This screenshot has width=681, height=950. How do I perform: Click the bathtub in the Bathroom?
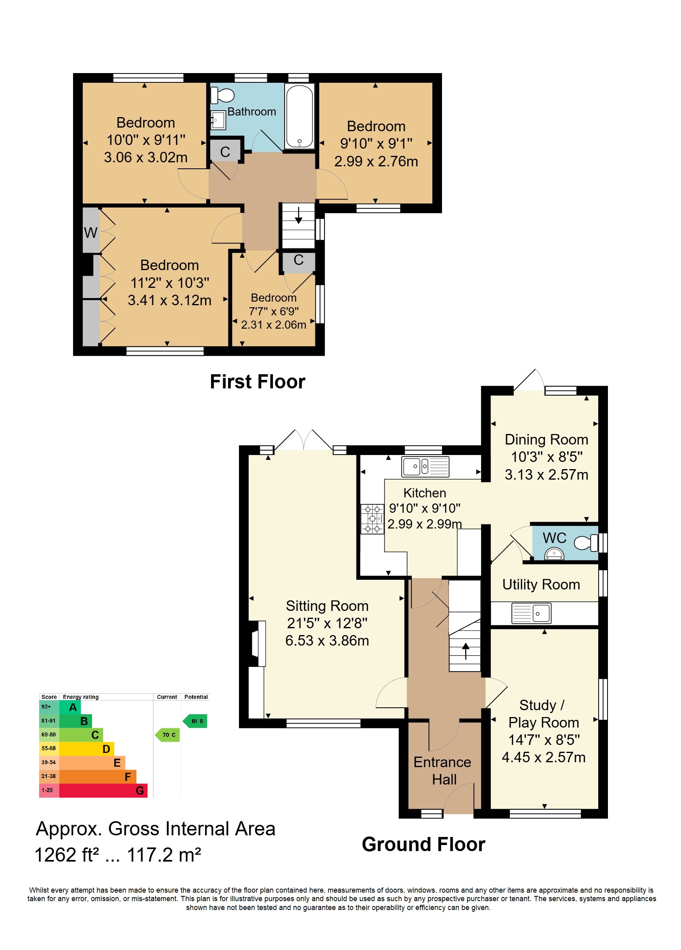tap(299, 115)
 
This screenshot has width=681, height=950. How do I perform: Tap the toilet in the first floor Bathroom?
tap(222, 96)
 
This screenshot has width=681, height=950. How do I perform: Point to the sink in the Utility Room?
tap(531, 614)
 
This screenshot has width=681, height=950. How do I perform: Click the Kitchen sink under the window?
tap(425, 467)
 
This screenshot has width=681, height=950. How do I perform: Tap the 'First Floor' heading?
tap(258, 382)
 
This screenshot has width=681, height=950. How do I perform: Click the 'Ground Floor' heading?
tap(423, 844)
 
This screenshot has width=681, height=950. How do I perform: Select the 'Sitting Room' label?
tap(327, 606)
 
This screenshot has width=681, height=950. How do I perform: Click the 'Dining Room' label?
tap(546, 439)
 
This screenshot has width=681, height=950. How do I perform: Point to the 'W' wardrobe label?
tap(90, 233)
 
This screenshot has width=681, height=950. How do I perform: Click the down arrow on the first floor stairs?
tap(298, 215)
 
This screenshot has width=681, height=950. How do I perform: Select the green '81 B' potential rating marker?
tap(195, 721)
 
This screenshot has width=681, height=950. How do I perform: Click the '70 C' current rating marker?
tap(167, 735)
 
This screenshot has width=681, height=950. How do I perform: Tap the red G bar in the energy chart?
tap(103, 791)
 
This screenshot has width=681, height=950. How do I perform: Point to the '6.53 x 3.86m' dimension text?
tap(327, 640)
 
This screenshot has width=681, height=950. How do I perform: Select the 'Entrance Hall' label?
tap(443, 771)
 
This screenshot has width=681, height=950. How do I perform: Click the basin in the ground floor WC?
tap(554, 555)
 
